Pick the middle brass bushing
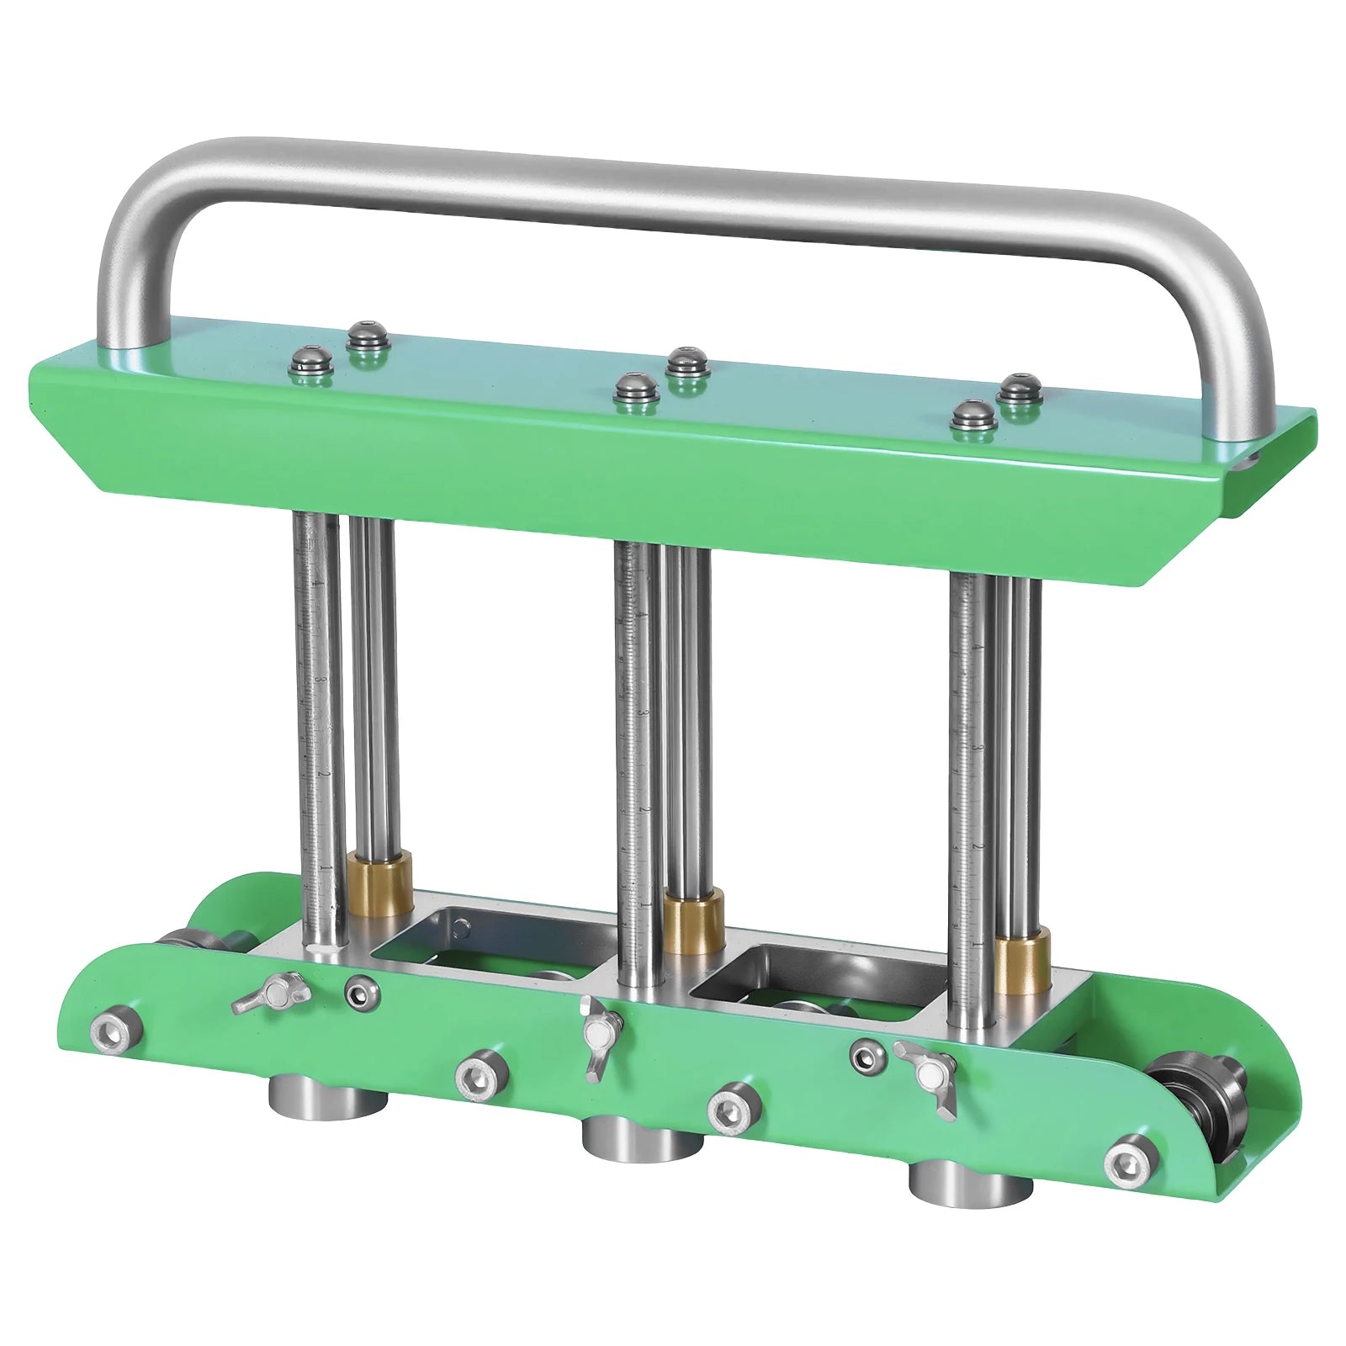[x=693, y=924]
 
